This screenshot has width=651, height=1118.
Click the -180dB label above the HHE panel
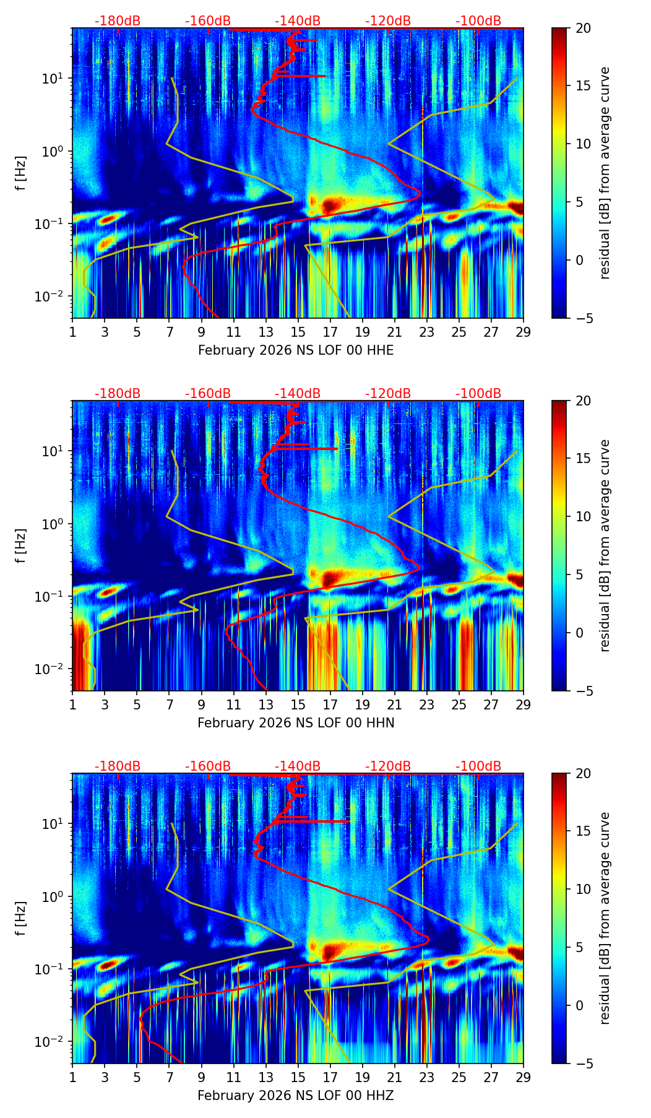pos(118,21)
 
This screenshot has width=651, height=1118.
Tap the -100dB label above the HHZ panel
pos(478,766)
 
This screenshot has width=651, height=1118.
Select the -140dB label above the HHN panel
pos(298,394)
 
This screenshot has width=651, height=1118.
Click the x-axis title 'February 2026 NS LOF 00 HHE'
pos(296,350)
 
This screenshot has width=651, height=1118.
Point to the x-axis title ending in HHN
pos(296,723)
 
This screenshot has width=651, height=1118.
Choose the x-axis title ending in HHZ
pos(296,1096)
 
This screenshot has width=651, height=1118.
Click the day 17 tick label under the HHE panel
pos(330,332)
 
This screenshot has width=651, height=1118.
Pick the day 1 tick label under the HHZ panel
pos(72,1077)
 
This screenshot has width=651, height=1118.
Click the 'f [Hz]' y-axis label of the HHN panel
pos(22,545)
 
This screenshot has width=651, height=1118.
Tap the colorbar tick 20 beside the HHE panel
pos(583,28)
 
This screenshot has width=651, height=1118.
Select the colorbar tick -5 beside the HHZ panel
pos(583,1064)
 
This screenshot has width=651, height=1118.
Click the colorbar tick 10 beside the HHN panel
pos(583,516)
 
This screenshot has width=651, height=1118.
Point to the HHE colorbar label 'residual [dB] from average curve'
pos(605,173)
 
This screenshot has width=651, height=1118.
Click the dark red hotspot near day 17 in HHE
pos(332,205)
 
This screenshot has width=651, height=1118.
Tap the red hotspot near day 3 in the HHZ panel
pos(106,964)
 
